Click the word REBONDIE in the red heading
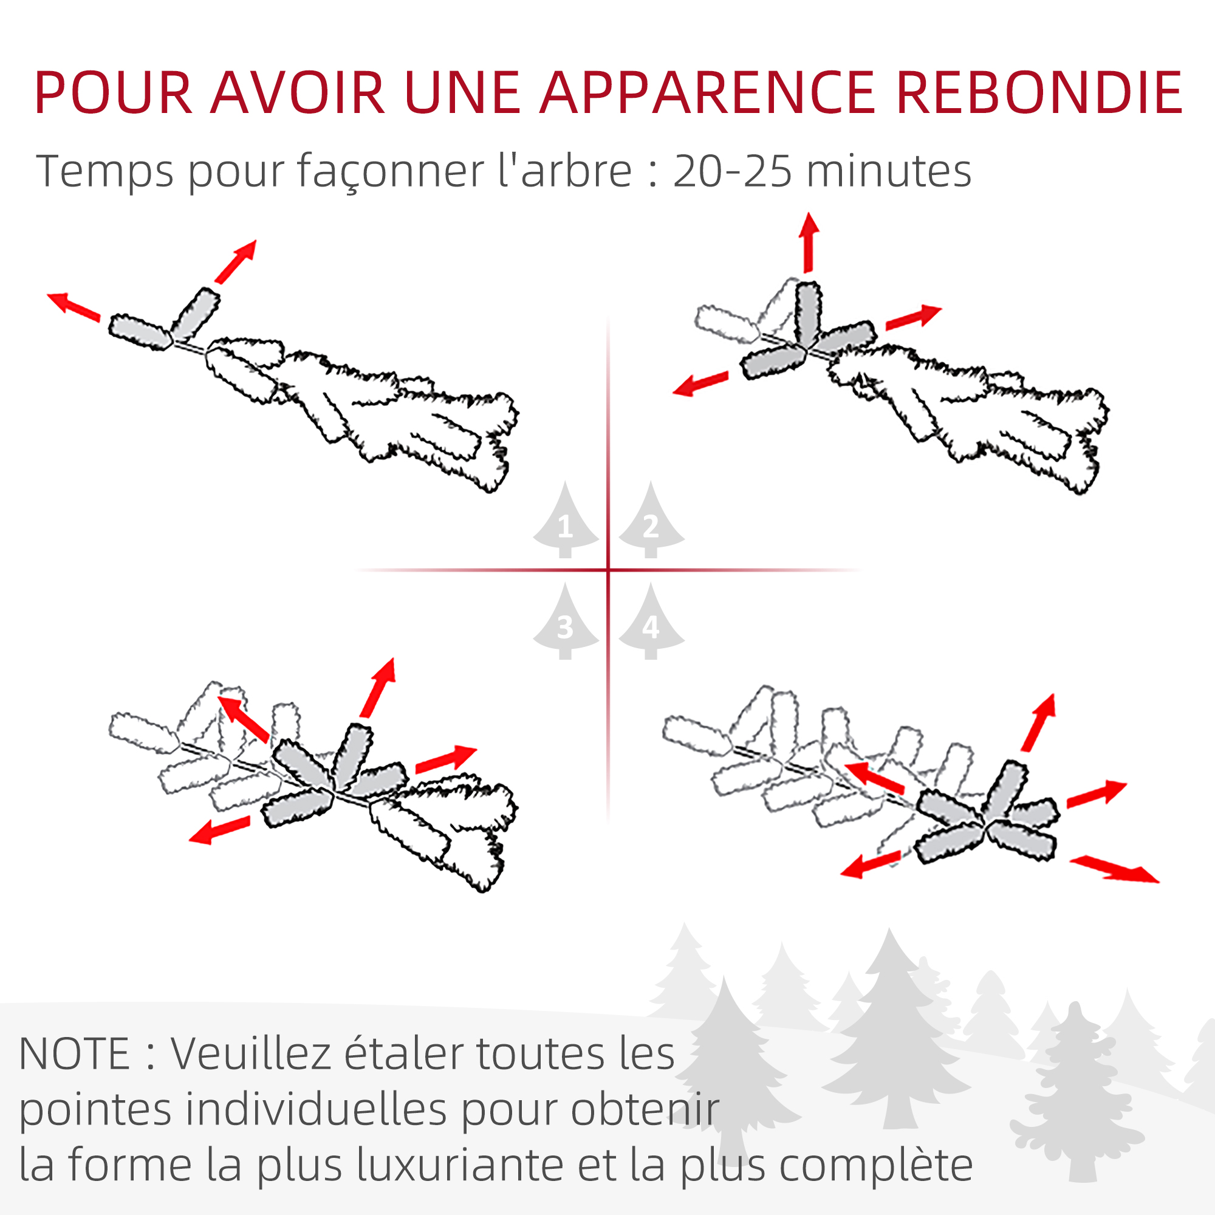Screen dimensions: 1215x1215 pos(1039,92)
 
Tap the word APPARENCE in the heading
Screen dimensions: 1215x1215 pos(708,92)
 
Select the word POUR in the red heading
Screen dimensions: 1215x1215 pos(113,92)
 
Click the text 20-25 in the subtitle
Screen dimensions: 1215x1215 pos(732,171)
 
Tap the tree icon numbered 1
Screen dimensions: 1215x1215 pos(566,519)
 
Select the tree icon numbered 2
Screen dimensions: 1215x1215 pos(651,519)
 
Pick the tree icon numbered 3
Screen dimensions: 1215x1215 pos(566,621)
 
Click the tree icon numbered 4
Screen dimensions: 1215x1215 pos(651,621)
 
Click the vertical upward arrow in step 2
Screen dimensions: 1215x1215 pos(809,243)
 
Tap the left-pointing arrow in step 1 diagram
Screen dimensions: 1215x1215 pos(74,306)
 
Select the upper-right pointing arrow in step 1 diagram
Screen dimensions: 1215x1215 pos(236,261)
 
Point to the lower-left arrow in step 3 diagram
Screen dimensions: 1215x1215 pos(219,829)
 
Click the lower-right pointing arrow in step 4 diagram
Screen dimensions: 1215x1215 pos(1114,870)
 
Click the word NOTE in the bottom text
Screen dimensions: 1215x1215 pos(74,1055)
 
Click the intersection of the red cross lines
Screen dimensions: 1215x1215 pos(608,570)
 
